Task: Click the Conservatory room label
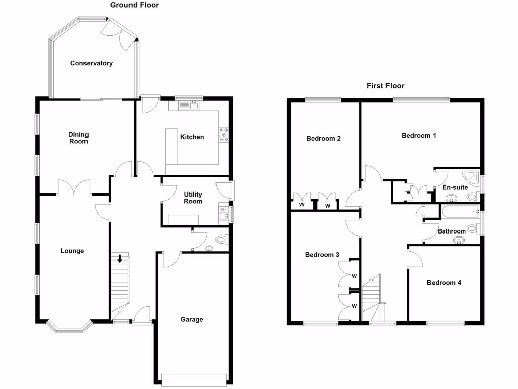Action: click(91, 63)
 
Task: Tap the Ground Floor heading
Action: click(134, 5)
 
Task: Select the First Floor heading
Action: click(385, 86)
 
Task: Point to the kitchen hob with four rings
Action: click(223, 134)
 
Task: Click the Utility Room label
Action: click(193, 198)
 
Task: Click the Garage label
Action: click(192, 319)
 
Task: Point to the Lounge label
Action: click(72, 251)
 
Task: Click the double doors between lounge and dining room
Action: click(75, 187)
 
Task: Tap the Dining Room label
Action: click(78, 138)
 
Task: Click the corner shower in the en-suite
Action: click(472, 175)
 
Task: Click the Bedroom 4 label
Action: click(444, 283)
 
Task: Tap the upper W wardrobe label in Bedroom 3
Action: click(354, 276)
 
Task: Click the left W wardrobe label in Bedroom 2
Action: click(302, 205)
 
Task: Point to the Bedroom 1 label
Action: click(418, 136)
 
